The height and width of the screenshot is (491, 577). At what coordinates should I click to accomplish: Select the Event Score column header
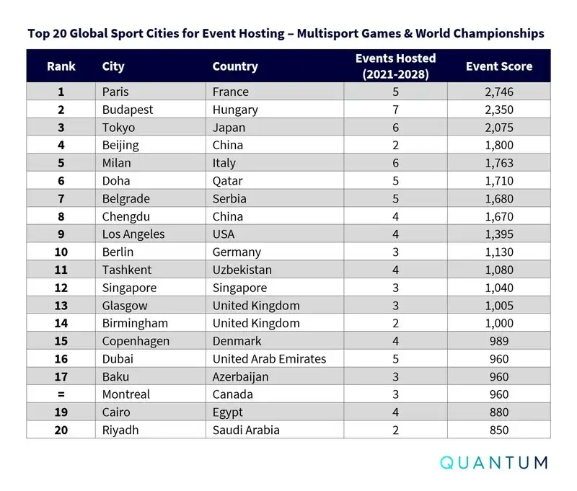[x=498, y=66]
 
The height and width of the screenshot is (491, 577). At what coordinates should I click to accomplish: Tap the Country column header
[x=235, y=66]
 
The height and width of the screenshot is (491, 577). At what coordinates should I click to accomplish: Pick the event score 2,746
[x=498, y=92]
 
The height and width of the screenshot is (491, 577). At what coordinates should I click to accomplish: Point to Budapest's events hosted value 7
[x=395, y=110]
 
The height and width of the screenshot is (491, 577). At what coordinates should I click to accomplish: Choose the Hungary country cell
[x=235, y=110]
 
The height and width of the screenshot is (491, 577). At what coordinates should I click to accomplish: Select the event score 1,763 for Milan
[x=498, y=163]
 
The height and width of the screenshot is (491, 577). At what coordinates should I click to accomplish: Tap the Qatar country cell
[x=227, y=181]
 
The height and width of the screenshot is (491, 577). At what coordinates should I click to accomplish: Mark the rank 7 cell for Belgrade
[x=61, y=198]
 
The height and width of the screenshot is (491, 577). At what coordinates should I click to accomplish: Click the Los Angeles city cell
[x=133, y=234]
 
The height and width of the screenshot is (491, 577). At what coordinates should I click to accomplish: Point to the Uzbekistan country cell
[x=242, y=270]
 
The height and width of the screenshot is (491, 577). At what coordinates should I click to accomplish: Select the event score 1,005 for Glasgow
[x=498, y=306]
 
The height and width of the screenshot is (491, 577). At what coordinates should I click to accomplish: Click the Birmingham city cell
[x=135, y=323]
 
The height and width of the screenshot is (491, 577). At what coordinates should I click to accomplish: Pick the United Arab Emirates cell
[x=269, y=359]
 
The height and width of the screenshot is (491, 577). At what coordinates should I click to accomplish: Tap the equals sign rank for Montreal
[x=61, y=394]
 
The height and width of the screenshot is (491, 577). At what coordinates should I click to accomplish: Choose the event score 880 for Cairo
[x=498, y=412]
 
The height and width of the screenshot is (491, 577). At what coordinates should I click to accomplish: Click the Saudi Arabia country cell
[x=245, y=430]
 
